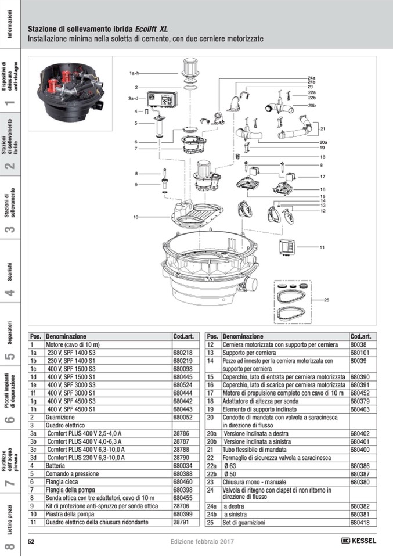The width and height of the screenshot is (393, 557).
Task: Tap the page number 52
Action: [x=32, y=541]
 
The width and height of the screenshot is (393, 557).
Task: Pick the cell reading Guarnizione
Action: [x=60, y=418]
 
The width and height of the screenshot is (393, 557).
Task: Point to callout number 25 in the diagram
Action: [x=326, y=300]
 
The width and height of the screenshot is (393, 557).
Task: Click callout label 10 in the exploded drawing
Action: [x=135, y=217]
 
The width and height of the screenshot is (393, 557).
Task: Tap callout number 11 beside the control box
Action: [x=322, y=247]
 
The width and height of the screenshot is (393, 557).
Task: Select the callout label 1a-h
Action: [x=135, y=73]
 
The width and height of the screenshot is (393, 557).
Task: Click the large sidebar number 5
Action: [x=10, y=355]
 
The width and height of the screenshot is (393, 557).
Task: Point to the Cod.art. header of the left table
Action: [x=183, y=336]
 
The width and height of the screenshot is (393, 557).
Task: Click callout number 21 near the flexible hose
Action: [x=323, y=129]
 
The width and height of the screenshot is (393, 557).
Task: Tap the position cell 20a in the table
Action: [x=212, y=433]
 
